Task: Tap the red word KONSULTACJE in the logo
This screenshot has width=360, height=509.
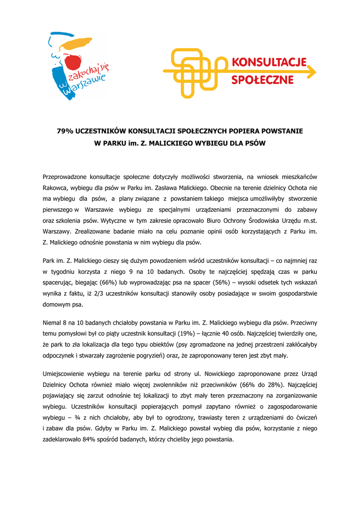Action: [x=269, y=64]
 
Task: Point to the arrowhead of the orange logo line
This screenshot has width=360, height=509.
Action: [x=312, y=72]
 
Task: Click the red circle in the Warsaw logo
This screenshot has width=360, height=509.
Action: [x=74, y=63]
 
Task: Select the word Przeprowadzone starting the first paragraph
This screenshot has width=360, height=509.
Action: [x=66, y=176]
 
